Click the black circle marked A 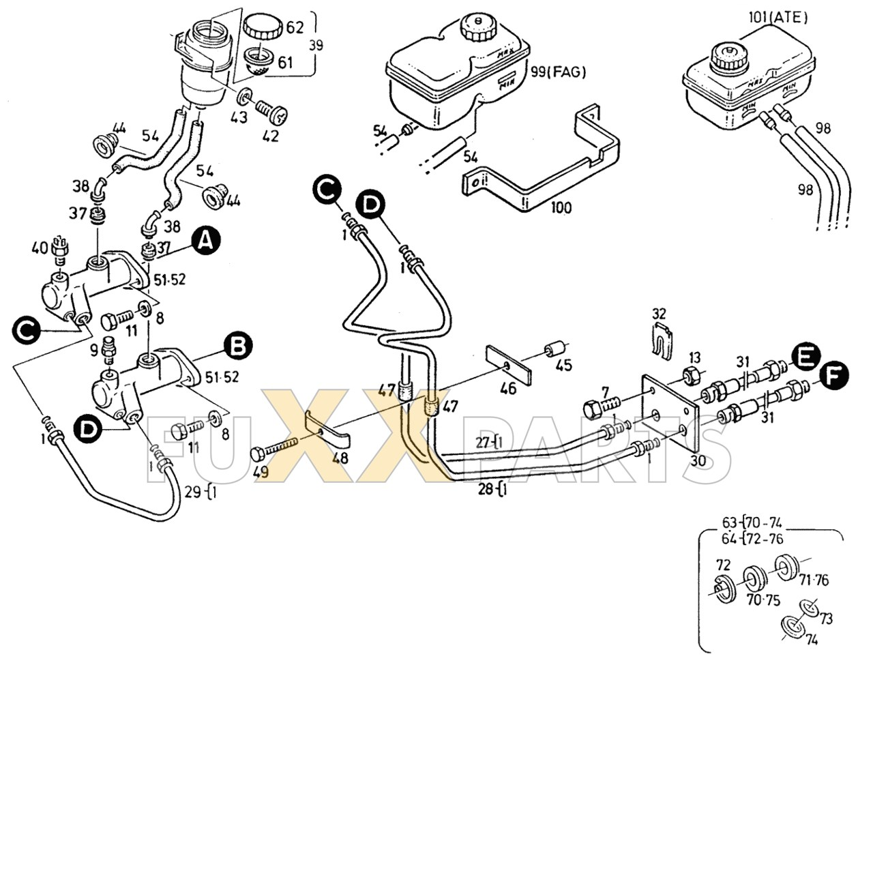[207, 241]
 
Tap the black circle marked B [238, 346]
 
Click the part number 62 [295, 27]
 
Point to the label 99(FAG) [558, 72]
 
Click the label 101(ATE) [778, 17]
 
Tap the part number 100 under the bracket [561, 207]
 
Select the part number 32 [658, 314]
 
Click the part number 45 [563, 366]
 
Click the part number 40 [40, 246]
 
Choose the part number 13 [694, 357]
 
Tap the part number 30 [697, 460]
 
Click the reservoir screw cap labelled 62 [262, 28]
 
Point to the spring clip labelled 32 [660, 339]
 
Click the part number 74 [811, 640]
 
